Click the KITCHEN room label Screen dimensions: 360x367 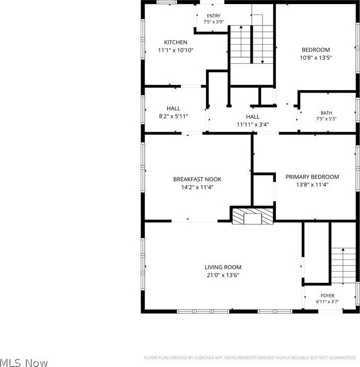[176, 42]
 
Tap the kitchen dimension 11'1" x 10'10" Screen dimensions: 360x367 [176, 50]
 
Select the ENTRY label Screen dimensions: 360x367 [213, 16]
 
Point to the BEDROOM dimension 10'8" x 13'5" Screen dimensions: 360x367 [316, 58]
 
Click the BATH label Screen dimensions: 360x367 [326, 113]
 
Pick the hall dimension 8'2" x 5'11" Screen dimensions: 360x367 [174, 116]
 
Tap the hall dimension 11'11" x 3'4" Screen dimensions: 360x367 [253, 124]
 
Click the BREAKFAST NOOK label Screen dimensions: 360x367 [197, 180]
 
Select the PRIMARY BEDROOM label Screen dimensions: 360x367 [312, 177]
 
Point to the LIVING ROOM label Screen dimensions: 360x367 [223, 267]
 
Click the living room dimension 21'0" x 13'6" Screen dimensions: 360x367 [223, 275]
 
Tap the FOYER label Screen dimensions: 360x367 [328, 295]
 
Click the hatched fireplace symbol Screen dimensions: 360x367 [253, 216]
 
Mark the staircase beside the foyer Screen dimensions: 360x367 [343, 266]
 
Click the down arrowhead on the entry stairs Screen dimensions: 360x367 [263, 62]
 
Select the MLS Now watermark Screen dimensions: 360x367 [24, 363]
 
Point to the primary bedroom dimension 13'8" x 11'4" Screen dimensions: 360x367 [312, 184]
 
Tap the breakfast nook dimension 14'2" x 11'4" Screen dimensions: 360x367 [197, 187]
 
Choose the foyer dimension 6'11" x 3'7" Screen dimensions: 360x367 [328, 302]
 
